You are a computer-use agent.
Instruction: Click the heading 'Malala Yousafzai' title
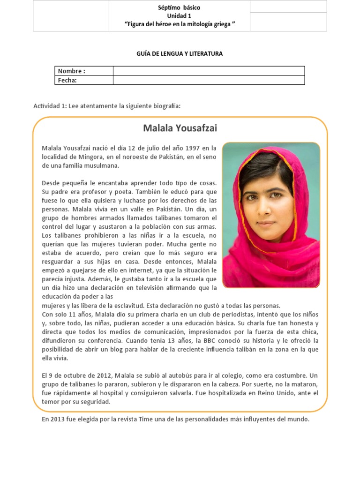click(x=180, y=128)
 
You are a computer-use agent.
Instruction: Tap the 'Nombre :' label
click(x=71, y=71)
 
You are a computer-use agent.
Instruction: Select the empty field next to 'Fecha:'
click(x=209, y=80)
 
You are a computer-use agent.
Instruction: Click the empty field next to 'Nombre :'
click(x=209, y=71)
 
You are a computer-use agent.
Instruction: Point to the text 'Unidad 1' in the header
click(x=180, y=16)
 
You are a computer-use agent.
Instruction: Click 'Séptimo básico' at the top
click(x=180, y=8)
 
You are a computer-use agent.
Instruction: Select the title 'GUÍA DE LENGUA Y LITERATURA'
click(x=180, y=54)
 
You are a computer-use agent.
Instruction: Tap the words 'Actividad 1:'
click(x=50, y=106)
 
